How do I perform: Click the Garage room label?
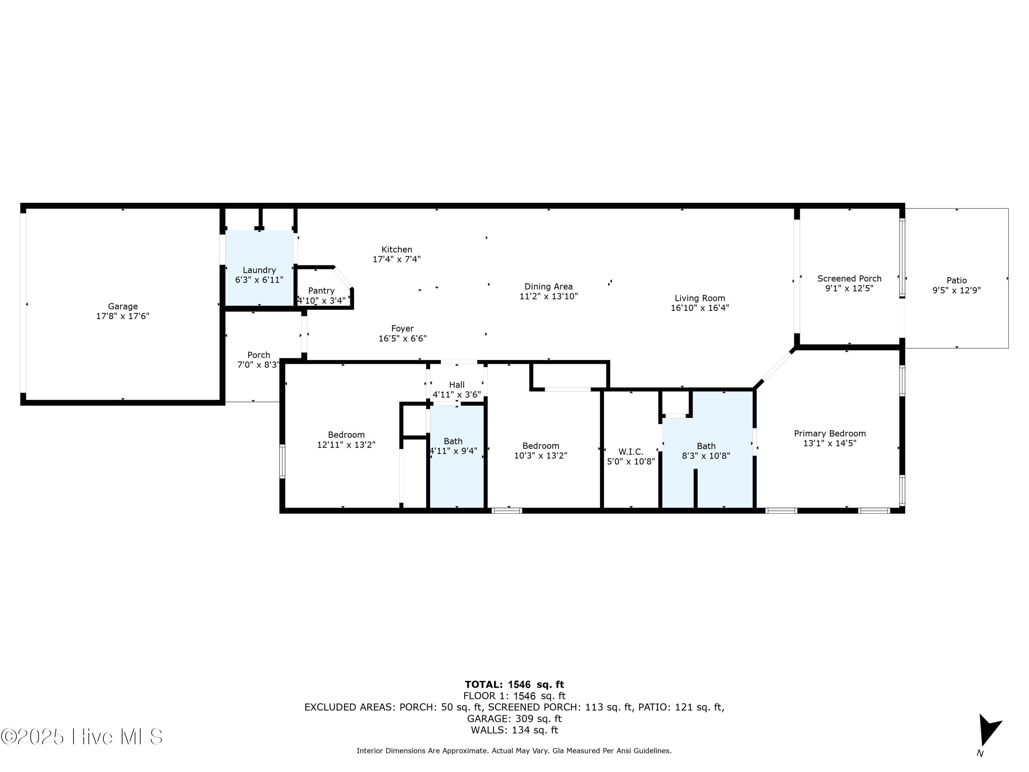pos(123,306)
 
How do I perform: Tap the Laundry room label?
pos(259,270)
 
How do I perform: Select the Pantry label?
pos(321,290)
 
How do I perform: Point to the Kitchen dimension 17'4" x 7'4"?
pos(397,259)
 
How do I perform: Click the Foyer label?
pos(402,329)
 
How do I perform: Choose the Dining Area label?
pos(548,286)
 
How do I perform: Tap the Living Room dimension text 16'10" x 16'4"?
pos(700,307)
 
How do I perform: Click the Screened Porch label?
pos(849,278)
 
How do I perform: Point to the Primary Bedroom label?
pos(830,433)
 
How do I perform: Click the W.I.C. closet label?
pos(631,452)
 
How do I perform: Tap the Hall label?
pos(457,385)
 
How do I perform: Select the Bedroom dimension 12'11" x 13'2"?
pos(346,444)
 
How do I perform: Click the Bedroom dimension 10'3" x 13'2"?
pos(541,456)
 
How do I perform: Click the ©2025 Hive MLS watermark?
pos(82,737)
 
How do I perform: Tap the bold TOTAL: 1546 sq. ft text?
pos(514,685)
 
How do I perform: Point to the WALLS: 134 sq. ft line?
pos(514,730)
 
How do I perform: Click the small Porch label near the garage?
pos(259,355)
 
